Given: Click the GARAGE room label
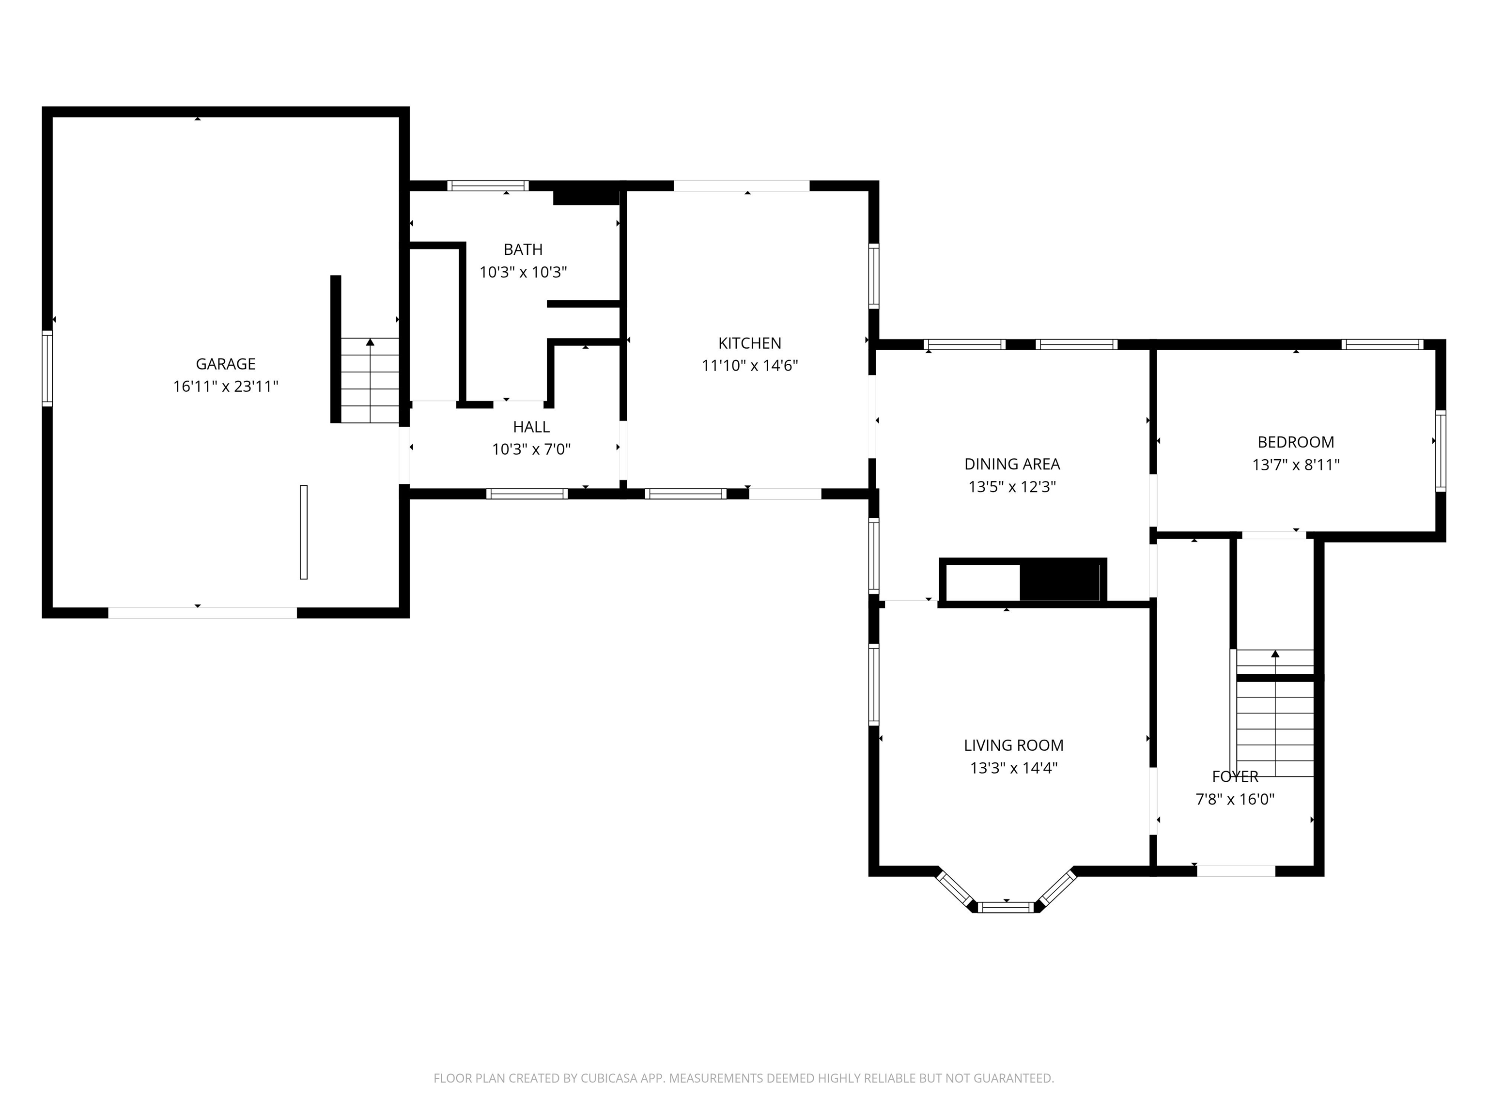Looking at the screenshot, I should click(225, 364).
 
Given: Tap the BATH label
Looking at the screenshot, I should click(523, 249).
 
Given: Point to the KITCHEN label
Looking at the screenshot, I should click(749, 343).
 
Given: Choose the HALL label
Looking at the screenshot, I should click(531, 426).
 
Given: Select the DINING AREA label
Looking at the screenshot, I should click(1012, 464).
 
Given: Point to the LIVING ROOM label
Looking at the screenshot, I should click(1013, 745).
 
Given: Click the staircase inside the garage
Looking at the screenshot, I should click(370, 380).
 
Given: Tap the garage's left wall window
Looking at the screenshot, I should click(47, 369).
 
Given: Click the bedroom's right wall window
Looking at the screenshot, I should click(1440, 450).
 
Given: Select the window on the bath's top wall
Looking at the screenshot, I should click(488, 186).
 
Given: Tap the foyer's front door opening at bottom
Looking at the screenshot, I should click(1236, 871).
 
